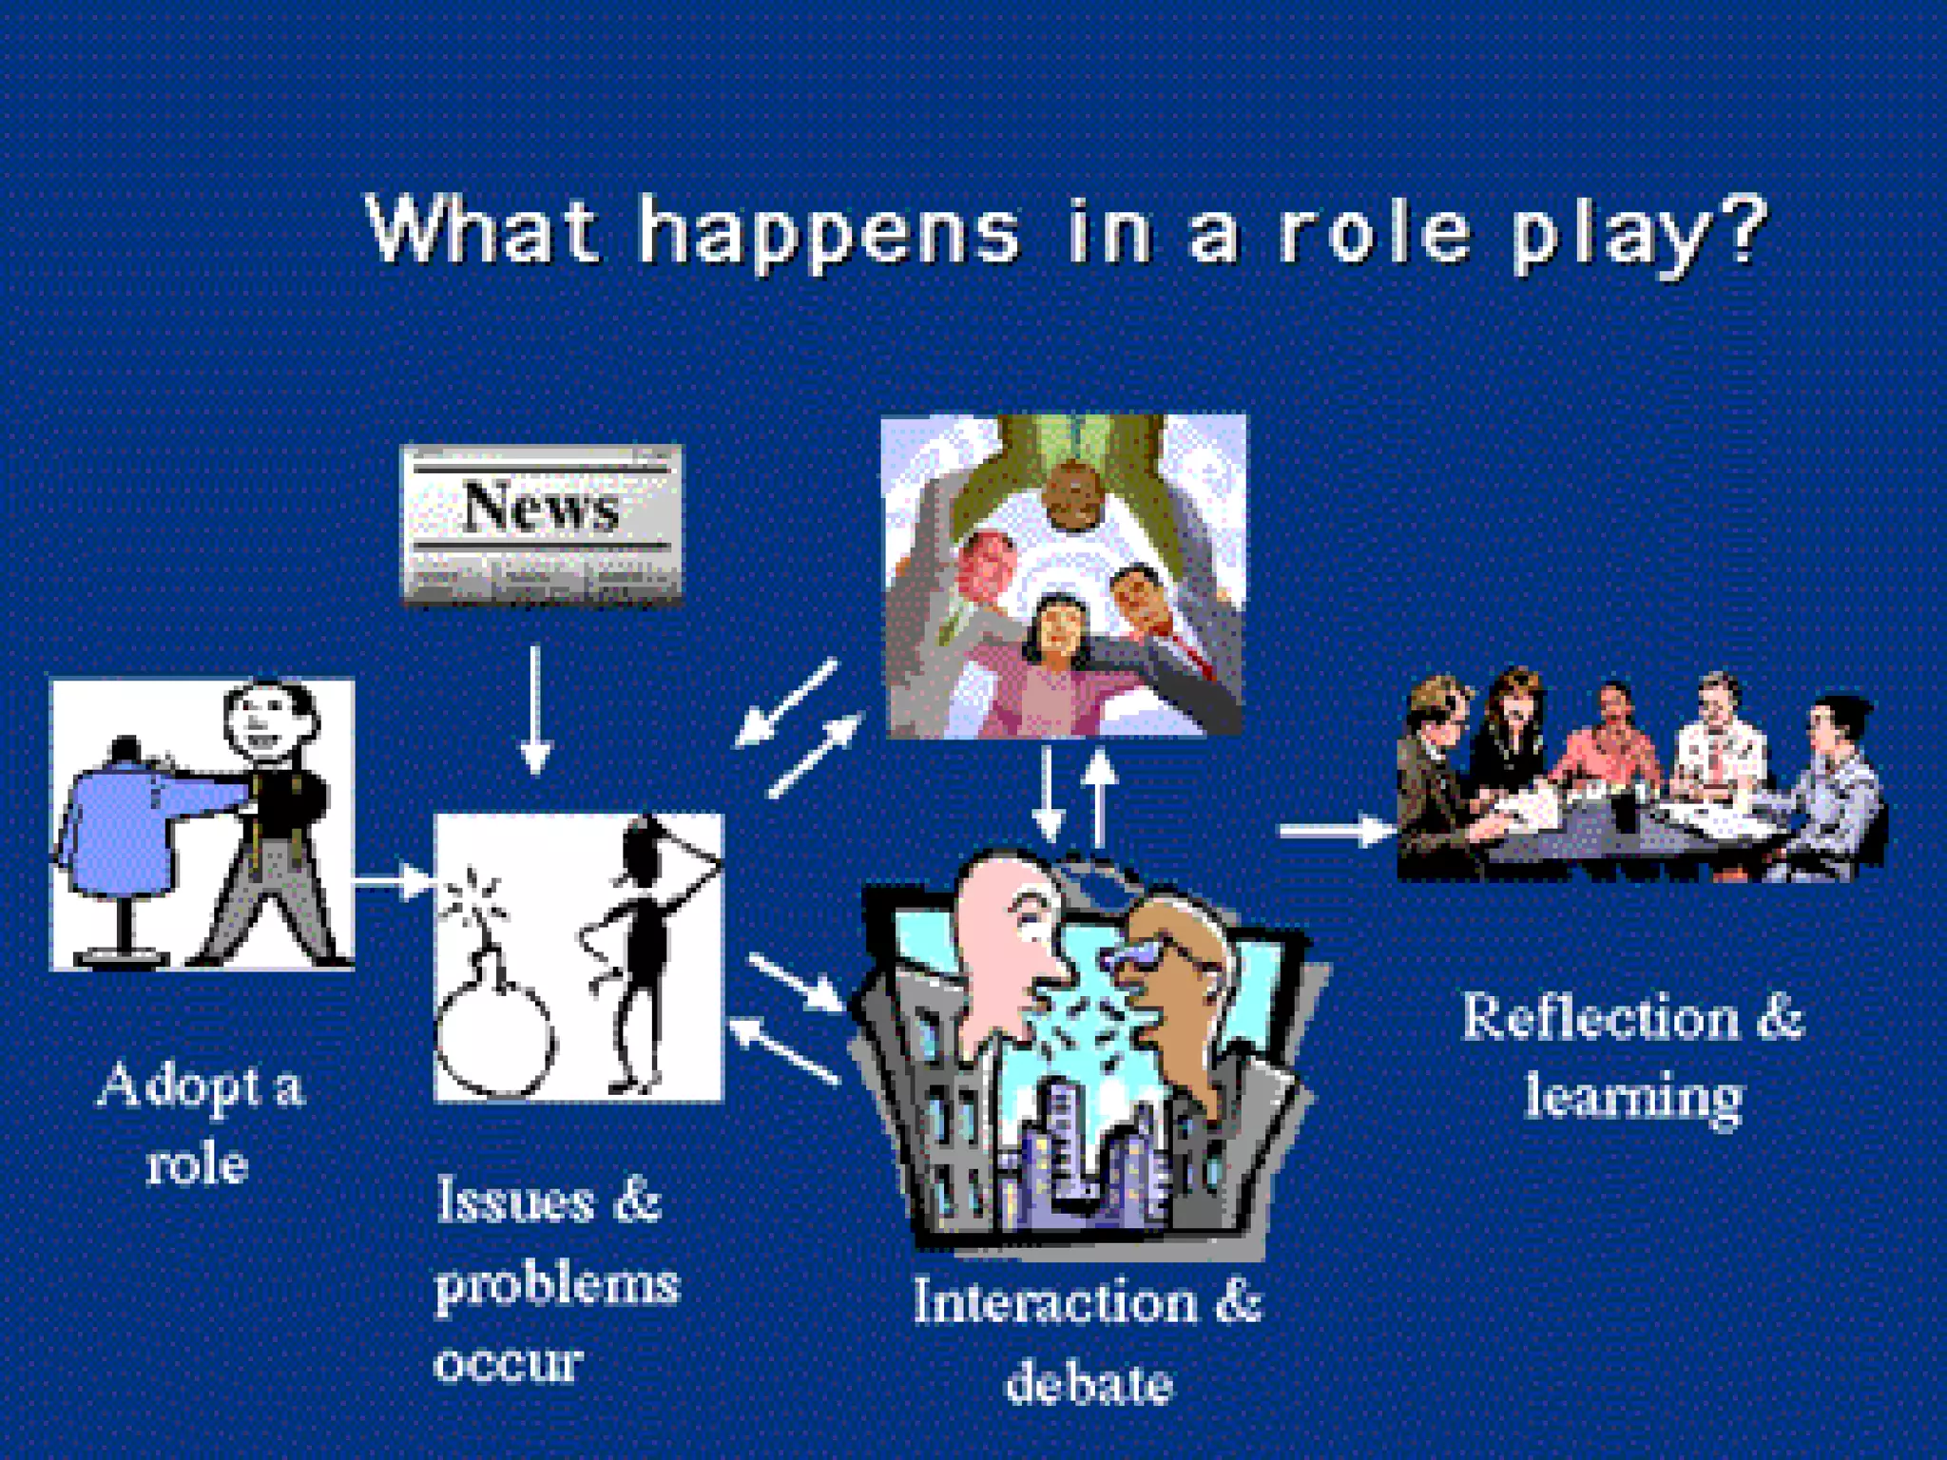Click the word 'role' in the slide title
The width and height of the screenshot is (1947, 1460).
coord(1373,232)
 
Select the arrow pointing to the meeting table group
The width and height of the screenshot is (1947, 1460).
coord(1336,831)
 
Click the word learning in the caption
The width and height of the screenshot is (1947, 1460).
coord(1633,1097)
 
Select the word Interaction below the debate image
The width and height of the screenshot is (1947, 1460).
coord(1055,1302)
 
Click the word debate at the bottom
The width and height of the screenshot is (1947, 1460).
coord(1089,1383)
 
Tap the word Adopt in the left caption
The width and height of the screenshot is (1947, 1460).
coord(177,1086)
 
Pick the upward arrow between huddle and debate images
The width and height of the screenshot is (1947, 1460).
coord(1100,798)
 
